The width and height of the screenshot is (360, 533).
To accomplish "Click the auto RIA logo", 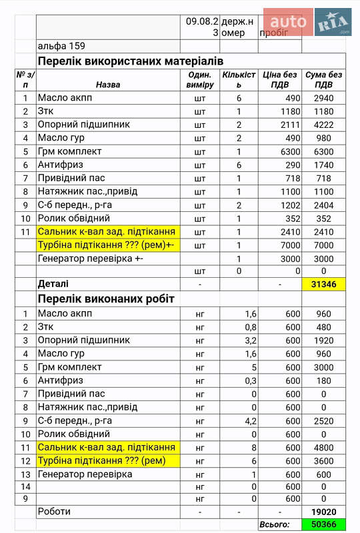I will [307, 22].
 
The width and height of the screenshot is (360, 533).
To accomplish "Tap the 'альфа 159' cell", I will [63, 46].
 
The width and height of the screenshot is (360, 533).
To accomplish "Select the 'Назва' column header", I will [108, 85].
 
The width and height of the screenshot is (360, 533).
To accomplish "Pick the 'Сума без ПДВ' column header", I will [323, 80].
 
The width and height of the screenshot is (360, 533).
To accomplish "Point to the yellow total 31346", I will [323, 284].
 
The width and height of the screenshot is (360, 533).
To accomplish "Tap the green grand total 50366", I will [323, 524].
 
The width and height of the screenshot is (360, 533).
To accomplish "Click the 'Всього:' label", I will [274, 524].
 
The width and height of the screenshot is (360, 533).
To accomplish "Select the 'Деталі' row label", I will [53, 284].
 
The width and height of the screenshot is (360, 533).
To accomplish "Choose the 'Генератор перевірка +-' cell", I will [91, 258].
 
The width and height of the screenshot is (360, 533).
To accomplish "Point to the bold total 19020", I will [323, 511].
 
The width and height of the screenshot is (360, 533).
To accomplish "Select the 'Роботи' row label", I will [54, 511].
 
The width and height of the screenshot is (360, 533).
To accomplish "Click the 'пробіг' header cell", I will [275, 32].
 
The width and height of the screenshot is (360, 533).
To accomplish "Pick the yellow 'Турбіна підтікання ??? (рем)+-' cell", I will [106, 245].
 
